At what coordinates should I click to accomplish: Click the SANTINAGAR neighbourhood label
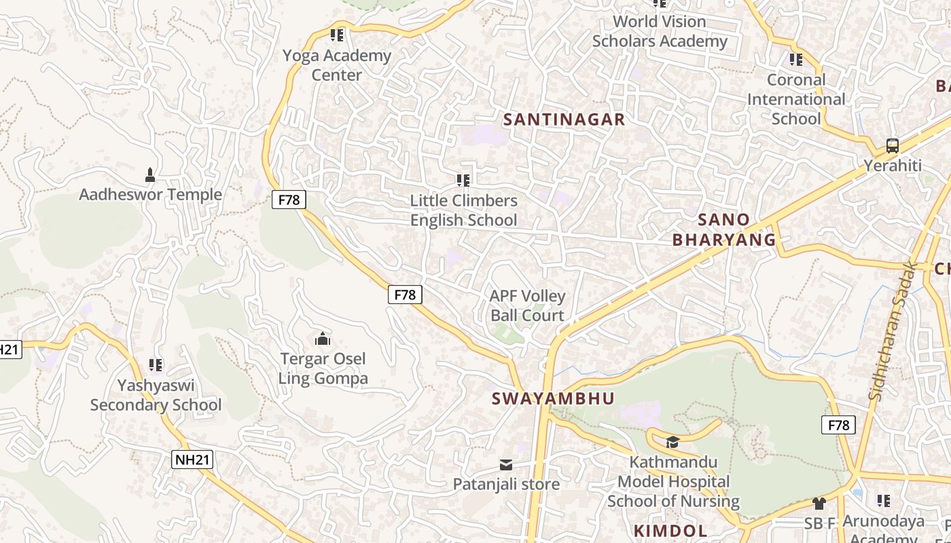(x=564, y=119)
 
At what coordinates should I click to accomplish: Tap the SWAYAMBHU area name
(x=553, y=398)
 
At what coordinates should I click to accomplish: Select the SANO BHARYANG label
(x=724, y=229)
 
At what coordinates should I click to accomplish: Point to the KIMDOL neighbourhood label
(x=670, y=531)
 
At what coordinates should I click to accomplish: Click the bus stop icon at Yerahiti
(x=893, y=146)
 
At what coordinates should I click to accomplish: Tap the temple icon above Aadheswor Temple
(x=150, y=175)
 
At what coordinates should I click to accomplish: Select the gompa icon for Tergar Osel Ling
(x=323, y=339)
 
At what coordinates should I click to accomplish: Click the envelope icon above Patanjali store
(x=506, y=465)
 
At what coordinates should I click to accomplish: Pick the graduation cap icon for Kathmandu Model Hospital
(x=672, y=443)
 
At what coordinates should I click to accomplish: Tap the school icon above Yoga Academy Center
(x=337, y=35)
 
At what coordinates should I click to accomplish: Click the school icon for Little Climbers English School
(x=463, y=181)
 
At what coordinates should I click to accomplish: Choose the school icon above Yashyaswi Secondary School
(x=156, y=365)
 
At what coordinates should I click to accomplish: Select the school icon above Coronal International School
(x=796, y=60)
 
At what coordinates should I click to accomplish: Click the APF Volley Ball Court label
(x=527, y=305)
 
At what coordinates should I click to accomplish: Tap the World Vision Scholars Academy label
(x=660, y=31)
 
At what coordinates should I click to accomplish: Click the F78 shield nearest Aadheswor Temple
(x=289, y=200)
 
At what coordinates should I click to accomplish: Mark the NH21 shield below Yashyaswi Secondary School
(x=193, y=460)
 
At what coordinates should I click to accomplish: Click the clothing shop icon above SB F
(x=819, y=504)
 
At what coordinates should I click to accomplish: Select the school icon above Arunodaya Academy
(x=883, y=501)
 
